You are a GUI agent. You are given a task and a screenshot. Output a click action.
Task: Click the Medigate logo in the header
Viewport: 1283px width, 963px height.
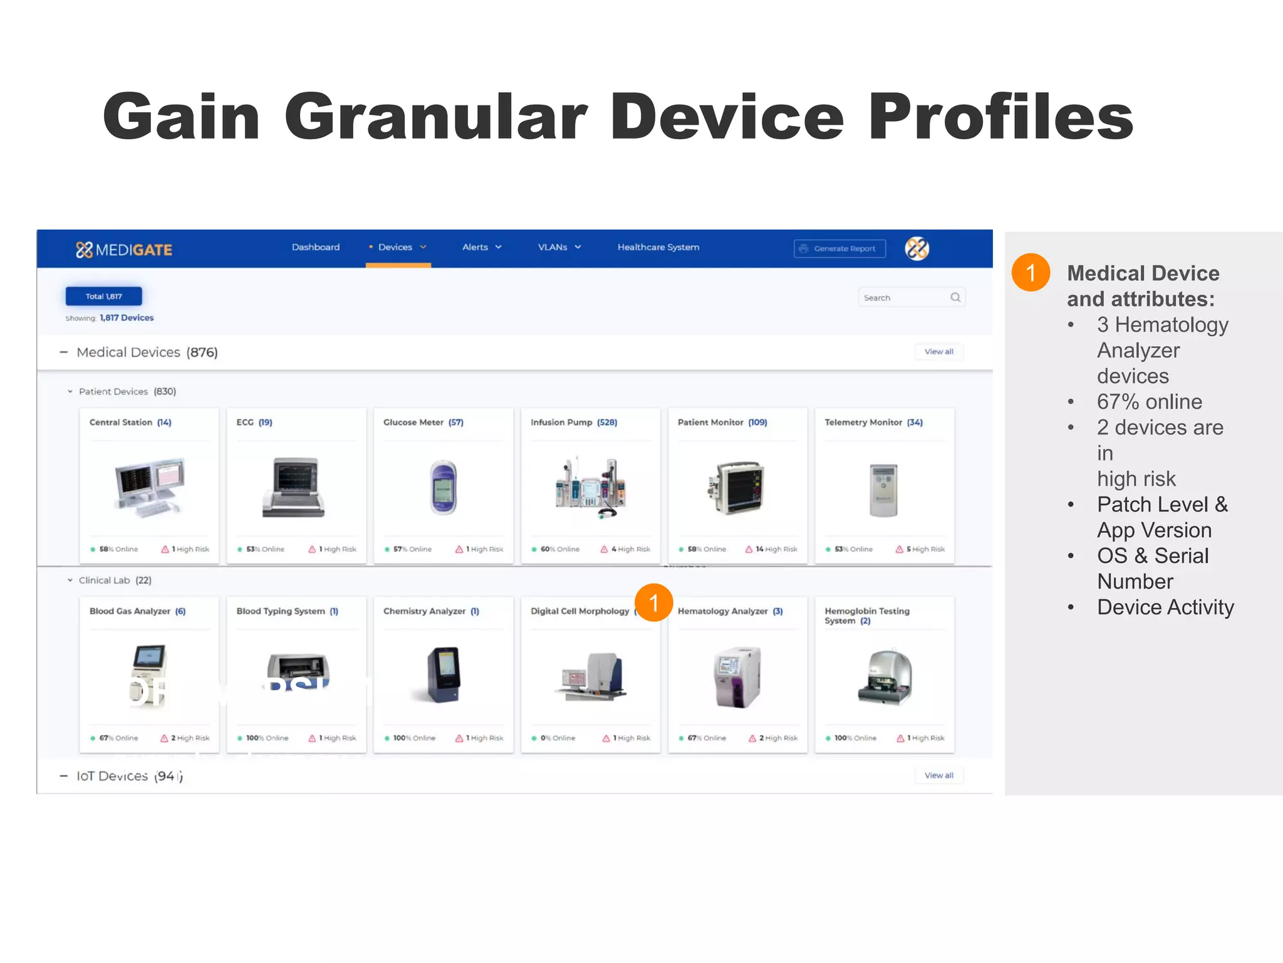pyautogui.click(x=124, y=250)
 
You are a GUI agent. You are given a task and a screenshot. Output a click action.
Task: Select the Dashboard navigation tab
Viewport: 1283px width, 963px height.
pyautogui.click(x=316, y=247)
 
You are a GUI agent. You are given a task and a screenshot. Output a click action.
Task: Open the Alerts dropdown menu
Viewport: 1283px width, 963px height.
pyautogui.click(x=482, y=247)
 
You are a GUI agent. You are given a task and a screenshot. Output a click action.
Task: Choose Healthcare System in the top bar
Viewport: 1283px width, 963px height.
pyautogui.click(x=658, y=247)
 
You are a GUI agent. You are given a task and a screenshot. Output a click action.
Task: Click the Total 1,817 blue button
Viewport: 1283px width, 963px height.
pyautogui.click(x=104, y=296)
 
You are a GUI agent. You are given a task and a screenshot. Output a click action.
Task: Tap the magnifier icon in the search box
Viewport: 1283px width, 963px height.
pyautogui.click(x=955, y=297)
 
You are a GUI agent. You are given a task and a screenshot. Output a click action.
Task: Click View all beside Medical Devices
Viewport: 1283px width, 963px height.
pyautogui.click(x=938, y=352)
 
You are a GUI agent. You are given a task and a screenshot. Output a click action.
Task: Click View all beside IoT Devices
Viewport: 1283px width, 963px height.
pyautogui.click(x=938, y=776)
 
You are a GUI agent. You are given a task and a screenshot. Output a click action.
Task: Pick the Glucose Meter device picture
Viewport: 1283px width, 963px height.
pyautogui.click(x=444, y=488)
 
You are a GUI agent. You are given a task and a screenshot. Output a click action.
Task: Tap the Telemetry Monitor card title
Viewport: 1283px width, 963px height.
pyautogui.click(x=873, y=423)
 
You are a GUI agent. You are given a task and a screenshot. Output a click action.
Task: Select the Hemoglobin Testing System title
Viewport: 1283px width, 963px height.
pyautogui.click(x=867, y=616)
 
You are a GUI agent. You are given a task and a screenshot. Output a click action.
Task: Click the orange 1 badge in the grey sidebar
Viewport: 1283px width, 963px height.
pyautogui.click(x=1031, y=273)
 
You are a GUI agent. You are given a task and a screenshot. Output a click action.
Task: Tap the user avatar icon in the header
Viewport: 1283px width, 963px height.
pyautogui.click(x=917, y=248)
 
